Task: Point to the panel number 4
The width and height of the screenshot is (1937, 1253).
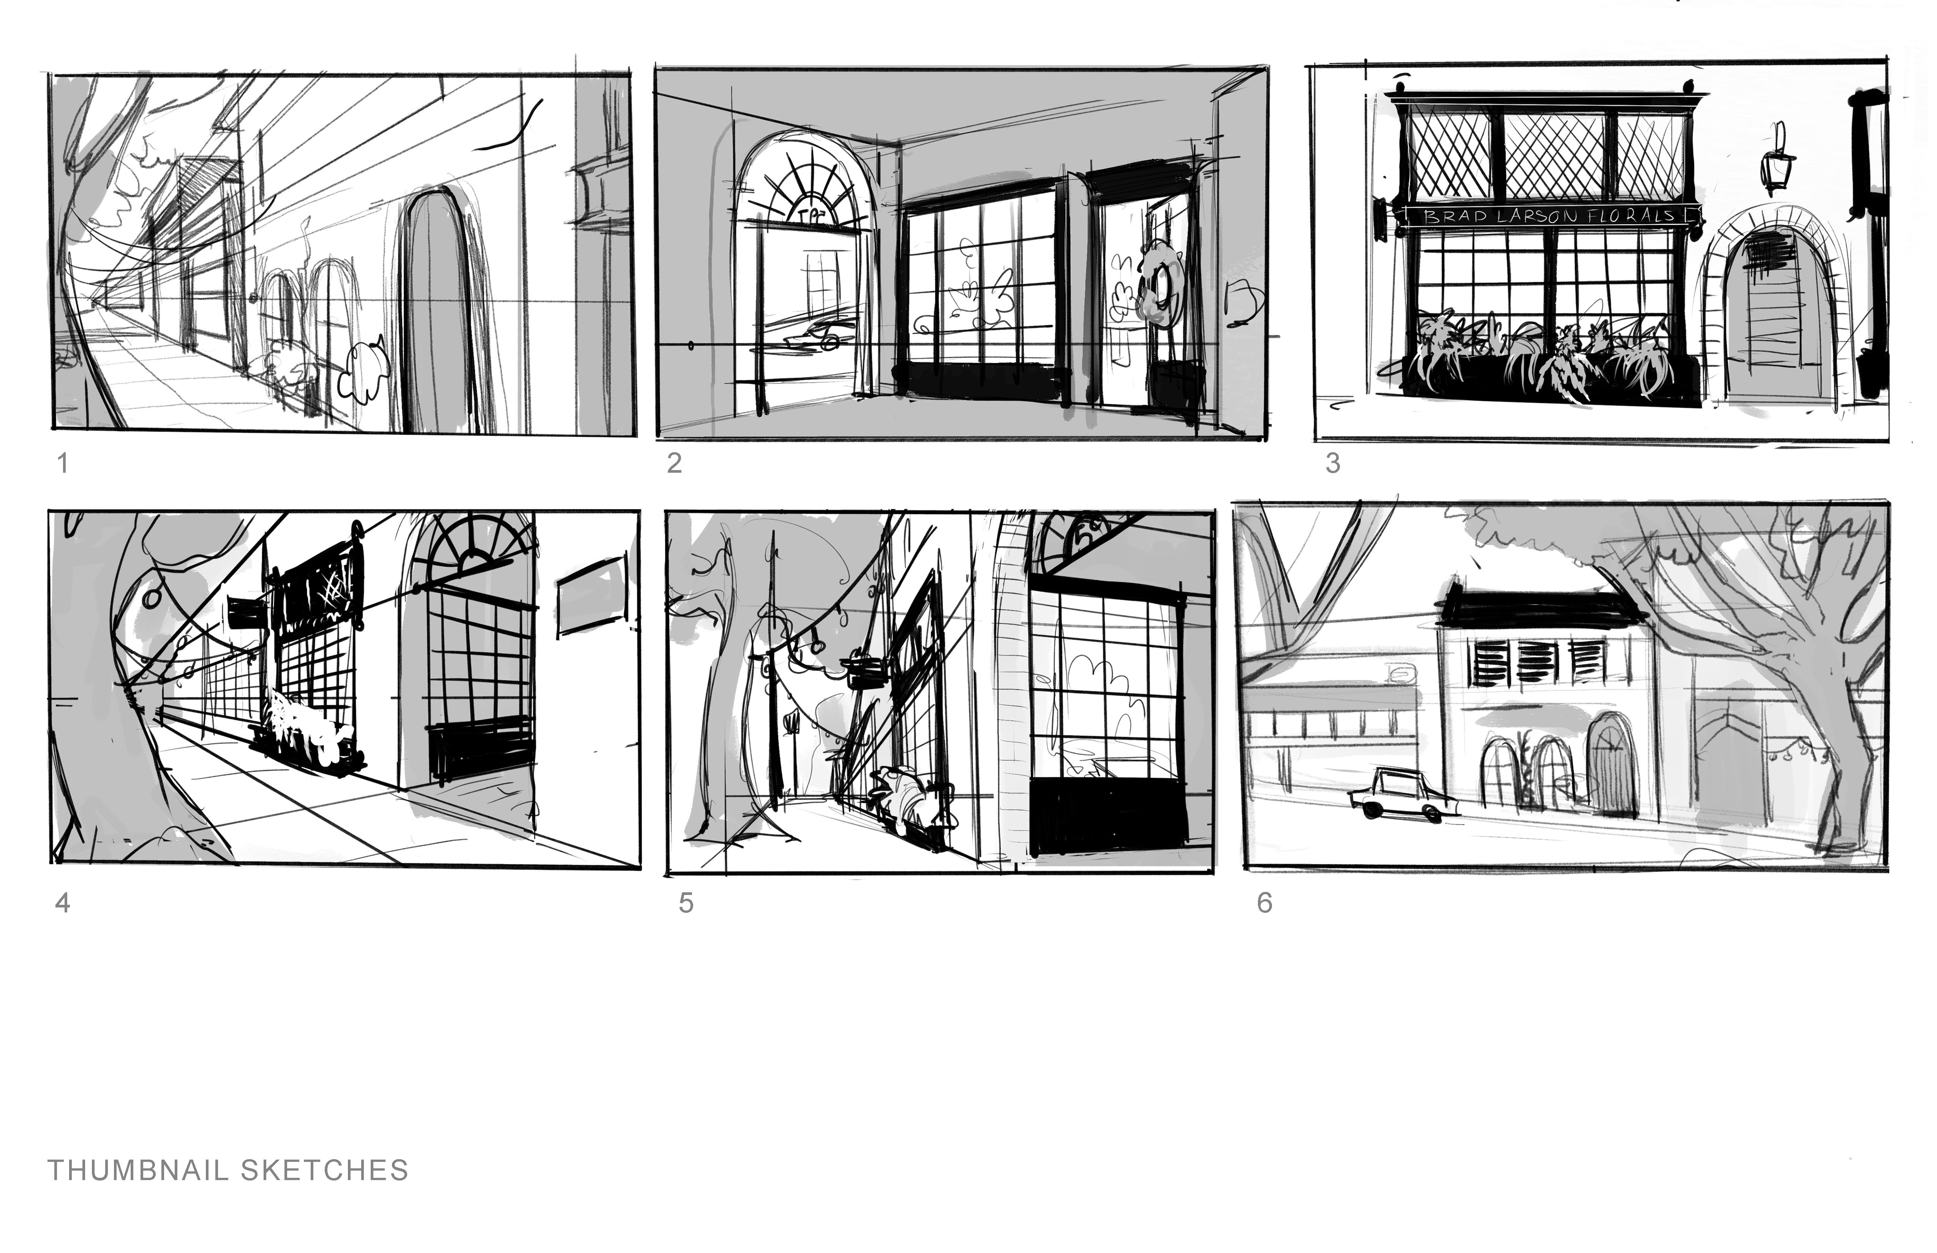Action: (63, 903)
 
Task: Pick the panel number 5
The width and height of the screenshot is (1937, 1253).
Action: (686, 903)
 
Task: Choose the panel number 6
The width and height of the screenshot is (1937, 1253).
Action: (1264, 903)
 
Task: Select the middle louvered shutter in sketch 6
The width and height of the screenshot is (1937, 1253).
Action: (1537, 661)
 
